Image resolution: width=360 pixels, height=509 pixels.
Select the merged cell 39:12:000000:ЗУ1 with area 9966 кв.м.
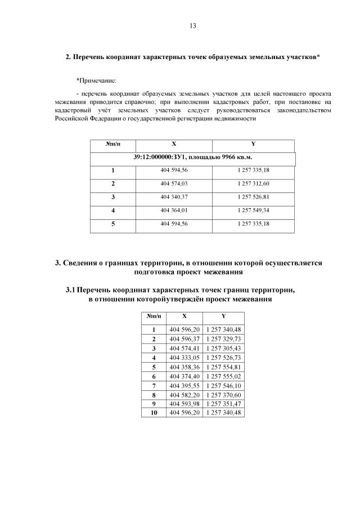tap(193, 157)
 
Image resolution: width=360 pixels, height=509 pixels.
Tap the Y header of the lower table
tap(224, 316)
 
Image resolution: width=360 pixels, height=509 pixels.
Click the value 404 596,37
tap(184, 339)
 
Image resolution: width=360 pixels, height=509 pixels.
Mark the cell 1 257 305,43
tap(224, 348)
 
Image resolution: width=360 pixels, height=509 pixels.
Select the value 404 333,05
tap(184, 357)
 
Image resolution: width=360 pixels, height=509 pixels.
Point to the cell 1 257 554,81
tap(224, 366)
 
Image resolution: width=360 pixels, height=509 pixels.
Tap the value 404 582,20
tap(184, 394)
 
